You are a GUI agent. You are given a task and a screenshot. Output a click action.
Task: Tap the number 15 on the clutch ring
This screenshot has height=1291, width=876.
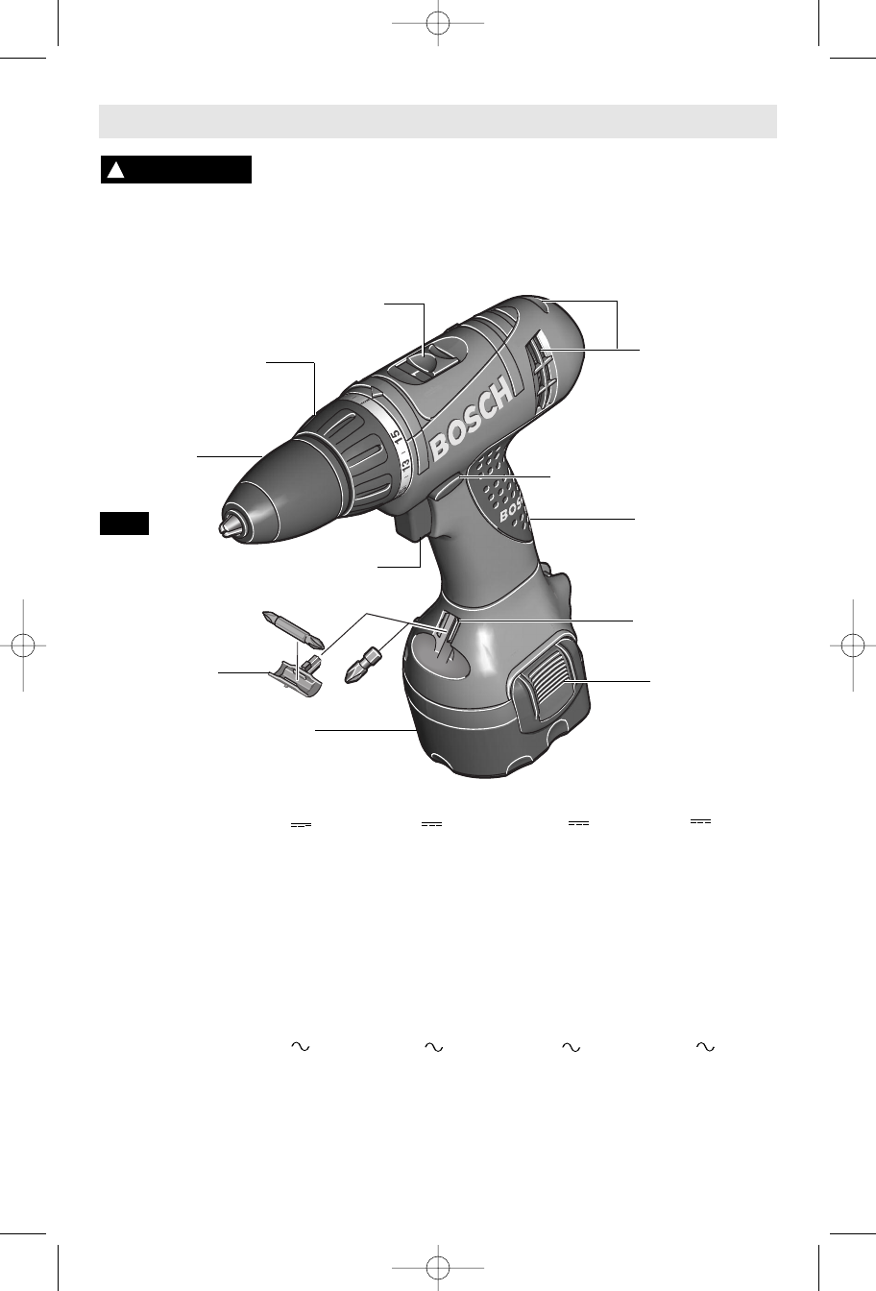(396, 436)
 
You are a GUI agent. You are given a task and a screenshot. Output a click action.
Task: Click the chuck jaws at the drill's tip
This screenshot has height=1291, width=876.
(225, 525)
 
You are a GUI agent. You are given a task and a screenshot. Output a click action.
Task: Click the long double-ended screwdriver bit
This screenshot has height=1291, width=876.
(294, 630)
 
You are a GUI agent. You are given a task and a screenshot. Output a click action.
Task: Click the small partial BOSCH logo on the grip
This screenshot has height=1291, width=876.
(512, 511)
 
